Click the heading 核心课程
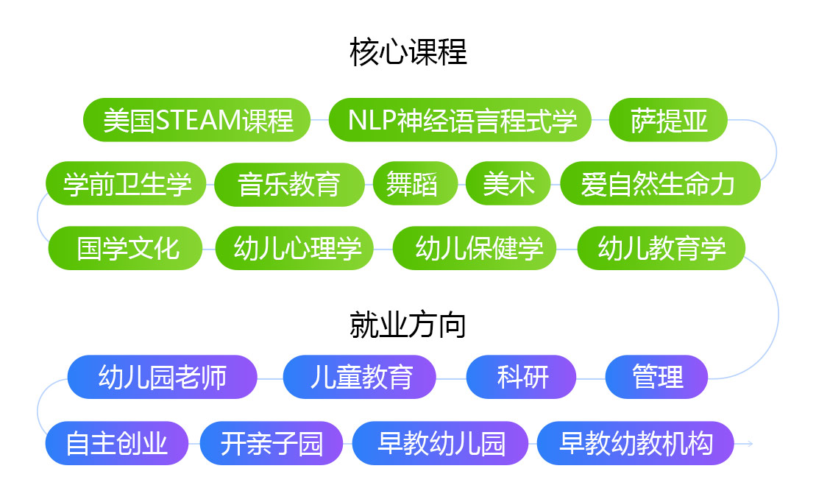408,52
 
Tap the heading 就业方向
408,325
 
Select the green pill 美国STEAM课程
196,120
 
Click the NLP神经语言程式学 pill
460,120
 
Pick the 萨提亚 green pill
668,120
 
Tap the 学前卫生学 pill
126,184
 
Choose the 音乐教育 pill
289,184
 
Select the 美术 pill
508,184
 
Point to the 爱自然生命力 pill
661,184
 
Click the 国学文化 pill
125,248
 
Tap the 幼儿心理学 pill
294,248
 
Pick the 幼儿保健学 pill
475,248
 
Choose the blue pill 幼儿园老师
163,377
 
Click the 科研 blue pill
521,377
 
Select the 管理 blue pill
657,377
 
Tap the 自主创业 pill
117,443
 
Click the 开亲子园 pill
272,443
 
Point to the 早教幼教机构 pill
636,443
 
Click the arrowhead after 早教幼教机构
749,444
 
